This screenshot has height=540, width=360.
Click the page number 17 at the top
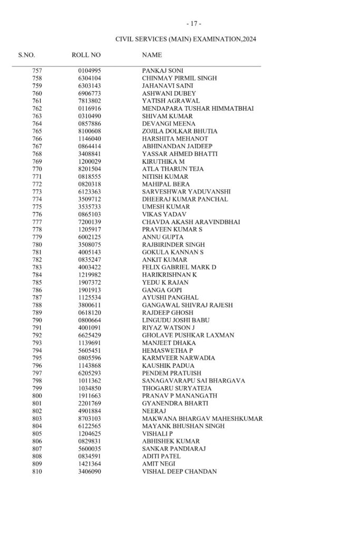193,24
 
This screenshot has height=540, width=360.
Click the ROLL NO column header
86,55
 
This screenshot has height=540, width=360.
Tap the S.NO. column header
26,55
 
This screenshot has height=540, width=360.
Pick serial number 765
37,131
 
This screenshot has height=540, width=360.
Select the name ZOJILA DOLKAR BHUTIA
176,131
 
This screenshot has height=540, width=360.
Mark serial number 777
37,222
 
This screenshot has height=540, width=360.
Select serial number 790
37,320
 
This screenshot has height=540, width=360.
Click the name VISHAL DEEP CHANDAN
179,471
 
